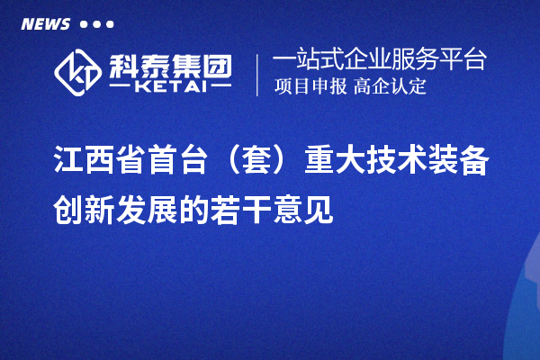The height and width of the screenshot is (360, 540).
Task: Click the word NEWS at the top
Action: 45,23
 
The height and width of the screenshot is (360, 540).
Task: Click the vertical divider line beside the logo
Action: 258,74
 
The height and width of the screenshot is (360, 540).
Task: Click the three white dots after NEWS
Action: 96,23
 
